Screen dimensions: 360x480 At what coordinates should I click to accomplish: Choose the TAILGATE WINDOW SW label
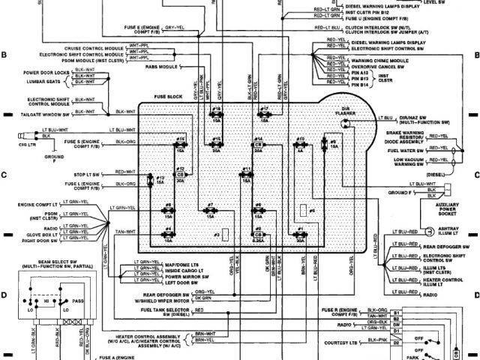(x=33, y=111)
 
